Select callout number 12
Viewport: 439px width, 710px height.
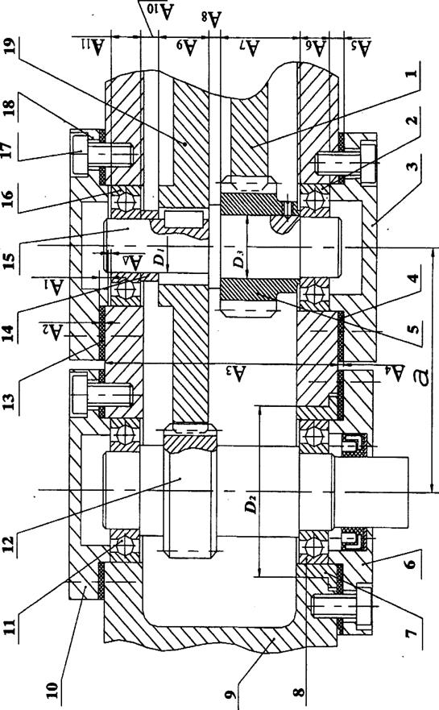pos(10,538)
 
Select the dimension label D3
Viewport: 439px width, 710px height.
pos(239,260)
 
